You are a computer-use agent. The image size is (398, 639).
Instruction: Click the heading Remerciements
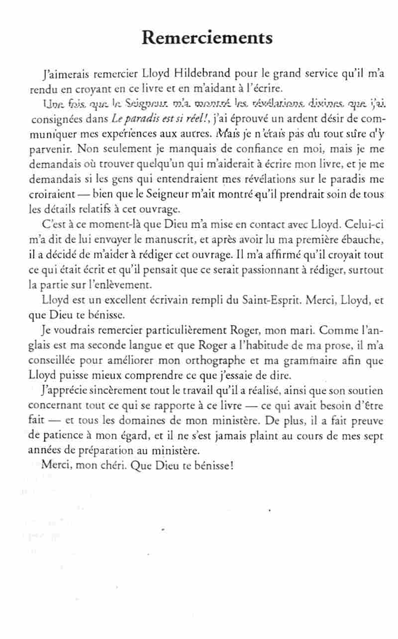tap(207, 38)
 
